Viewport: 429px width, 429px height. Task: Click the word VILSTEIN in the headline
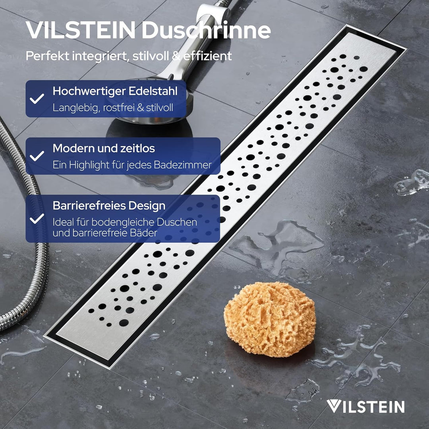[x=80, y=31]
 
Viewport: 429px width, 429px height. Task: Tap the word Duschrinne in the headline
[x=206, y=31]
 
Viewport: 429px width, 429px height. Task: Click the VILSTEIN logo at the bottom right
[x=365, y=406]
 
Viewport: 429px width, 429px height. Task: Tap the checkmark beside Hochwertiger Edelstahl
[x=37, y=99]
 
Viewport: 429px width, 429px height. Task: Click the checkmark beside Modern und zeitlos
[x=37, y=156]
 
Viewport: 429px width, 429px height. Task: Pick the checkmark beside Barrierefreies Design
[x=37, y=218]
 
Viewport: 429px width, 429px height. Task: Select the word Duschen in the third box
[x=179, y=222]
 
